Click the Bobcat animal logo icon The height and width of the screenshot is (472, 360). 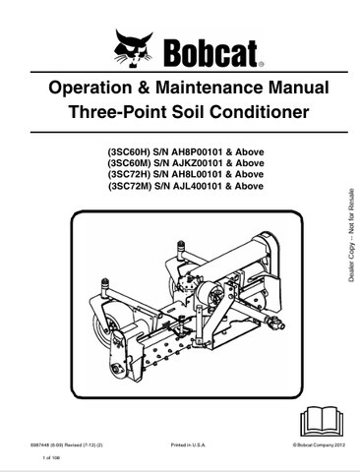tap(134, 46)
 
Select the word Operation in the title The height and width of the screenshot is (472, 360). tap(94, 88)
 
